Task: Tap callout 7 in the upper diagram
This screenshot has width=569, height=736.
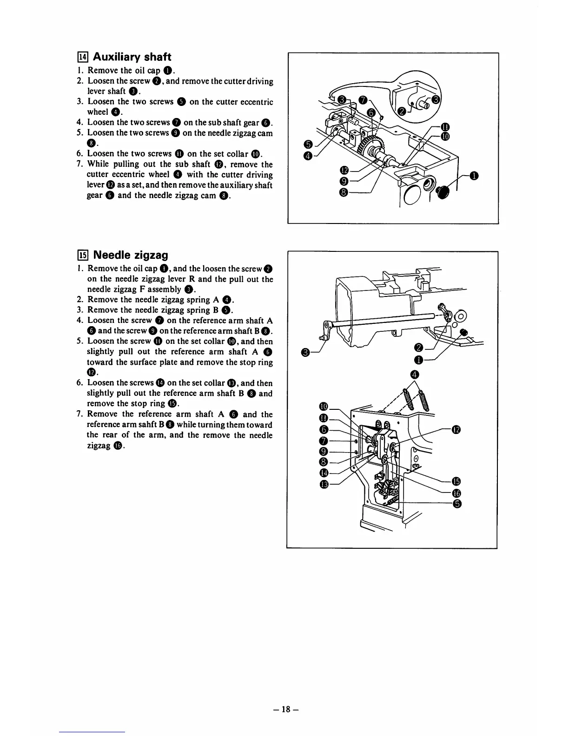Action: point(364,99)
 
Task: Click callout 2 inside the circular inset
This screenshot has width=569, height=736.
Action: point(401,111)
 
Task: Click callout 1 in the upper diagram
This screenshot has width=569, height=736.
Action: point(473,176)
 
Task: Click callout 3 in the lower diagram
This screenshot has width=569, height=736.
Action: point(305,354)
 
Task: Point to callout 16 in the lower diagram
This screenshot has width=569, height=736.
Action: point(456,493)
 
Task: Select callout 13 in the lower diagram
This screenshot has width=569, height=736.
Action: point(324,485)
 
